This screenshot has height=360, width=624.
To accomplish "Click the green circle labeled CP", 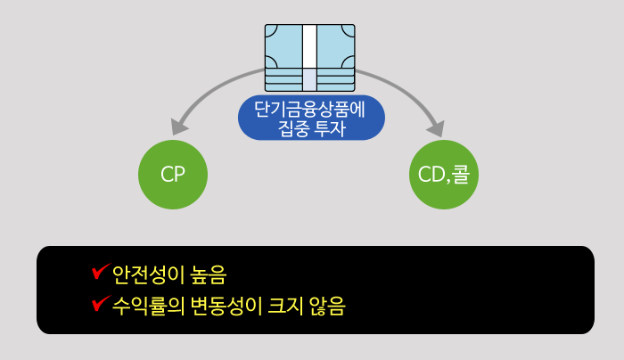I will click(173, 175).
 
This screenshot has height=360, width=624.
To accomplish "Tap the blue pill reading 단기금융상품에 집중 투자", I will click(311, 119).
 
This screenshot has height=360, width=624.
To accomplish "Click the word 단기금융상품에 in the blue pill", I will click(311, 110).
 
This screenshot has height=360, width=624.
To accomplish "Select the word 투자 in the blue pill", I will click(329, 128).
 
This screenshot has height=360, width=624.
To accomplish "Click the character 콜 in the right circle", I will click(464, 175).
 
